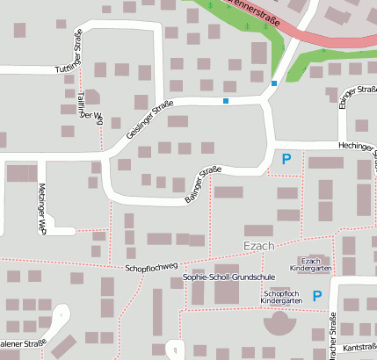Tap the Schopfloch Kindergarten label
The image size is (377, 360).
(x=281, y=297)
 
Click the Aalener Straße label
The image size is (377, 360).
(x=23, y=343)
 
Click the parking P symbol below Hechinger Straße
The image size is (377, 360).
(x=286, y=160)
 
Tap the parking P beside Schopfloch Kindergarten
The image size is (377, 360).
(x=317, y=296)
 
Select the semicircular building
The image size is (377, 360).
(x=280, y=321)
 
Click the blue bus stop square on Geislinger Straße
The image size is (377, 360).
(x=226, y=102)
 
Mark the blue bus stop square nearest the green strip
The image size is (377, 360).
(x=274, y=83)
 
